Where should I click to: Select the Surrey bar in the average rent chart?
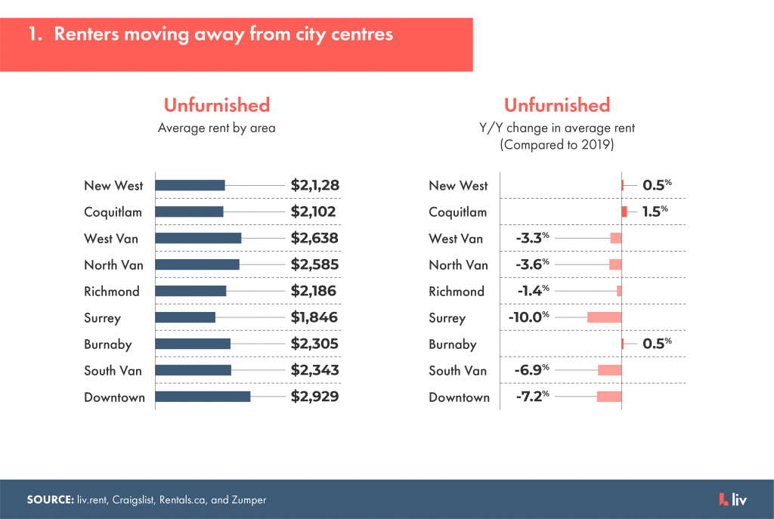pos(185,317)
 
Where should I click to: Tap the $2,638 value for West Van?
pos(314,239)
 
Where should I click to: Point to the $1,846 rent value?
pos(314,318)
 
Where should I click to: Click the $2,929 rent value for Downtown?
pos(314,397)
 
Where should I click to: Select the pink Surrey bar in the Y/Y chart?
pos(604,317)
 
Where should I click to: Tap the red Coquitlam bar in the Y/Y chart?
pos(624,212)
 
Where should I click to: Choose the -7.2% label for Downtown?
pos(531,397)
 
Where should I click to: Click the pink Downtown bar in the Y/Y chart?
pos(609,397)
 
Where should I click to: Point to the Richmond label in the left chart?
pos(112,292)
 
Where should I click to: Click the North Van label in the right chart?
pos(458,265)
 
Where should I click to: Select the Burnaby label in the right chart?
pos(453,344)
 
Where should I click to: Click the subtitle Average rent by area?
pos(216,128)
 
